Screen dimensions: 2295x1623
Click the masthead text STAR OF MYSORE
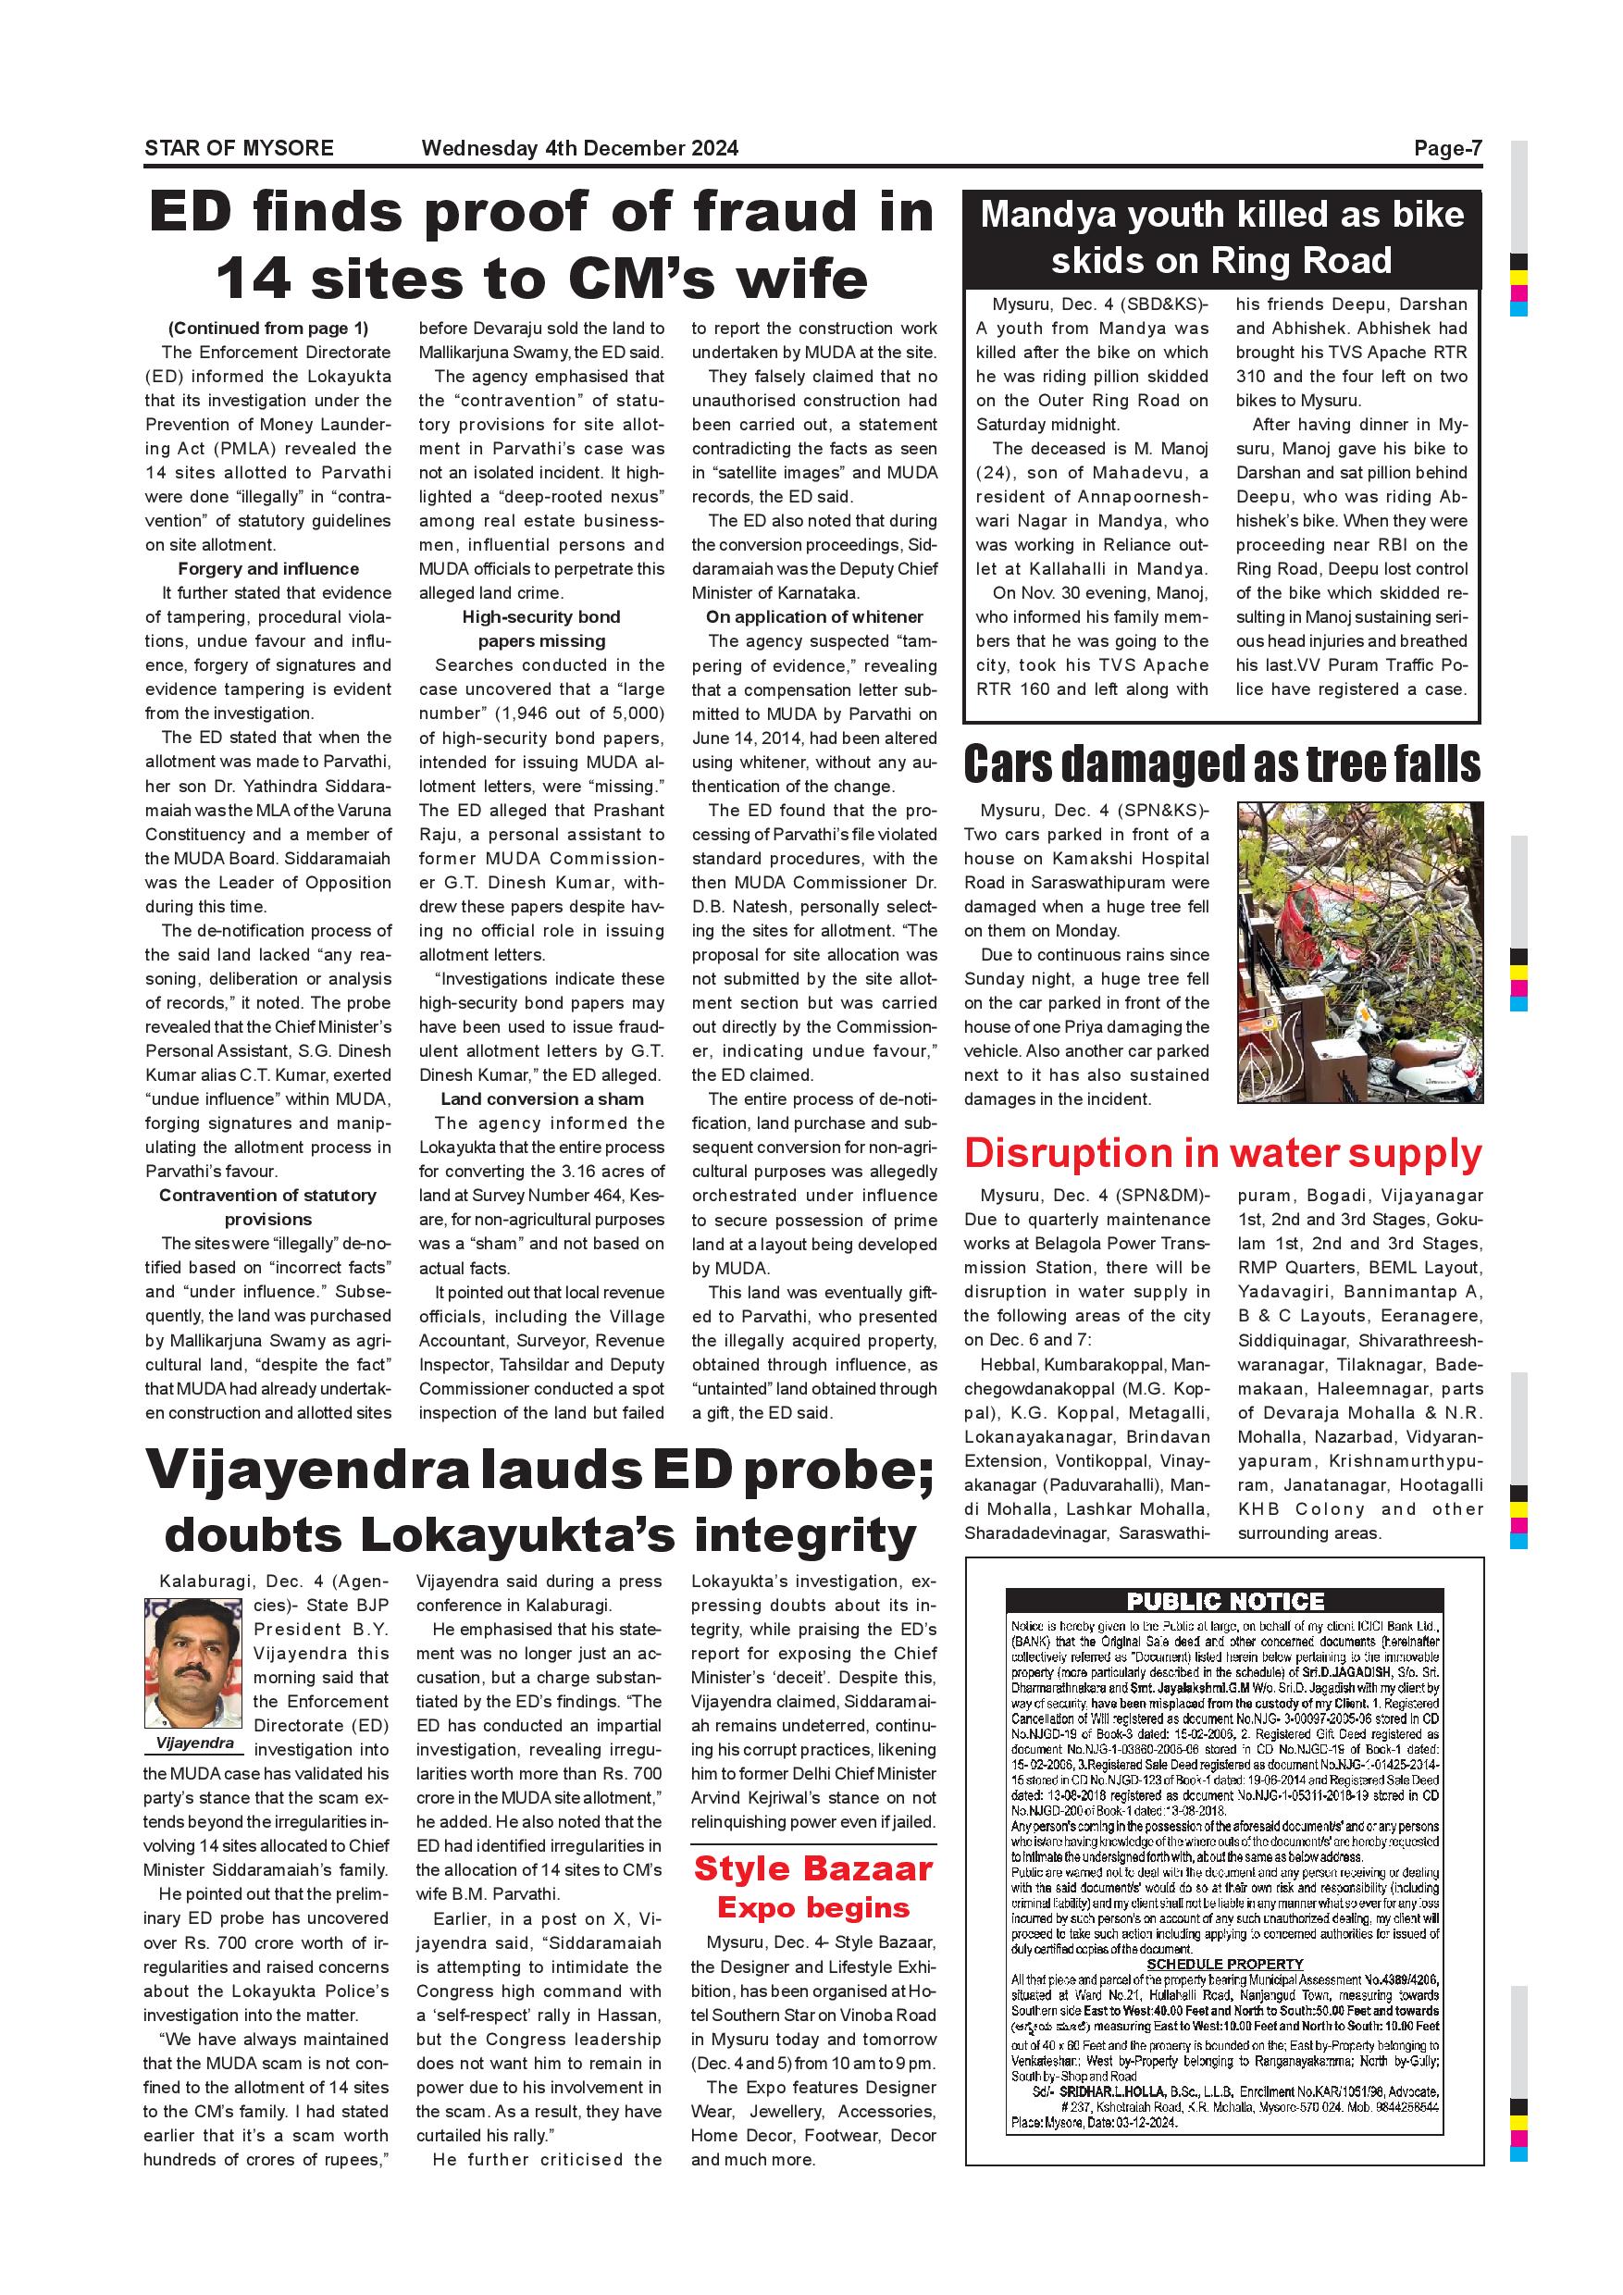point(239,148)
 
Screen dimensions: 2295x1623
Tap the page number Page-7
point(1447,148)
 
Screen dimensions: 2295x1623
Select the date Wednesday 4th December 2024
point(579,148)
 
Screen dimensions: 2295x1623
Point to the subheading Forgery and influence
point(267,569)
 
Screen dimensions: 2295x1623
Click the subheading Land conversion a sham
point(541,1098)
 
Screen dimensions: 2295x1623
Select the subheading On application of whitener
point(813,616)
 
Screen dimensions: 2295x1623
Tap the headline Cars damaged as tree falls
point(1221,764)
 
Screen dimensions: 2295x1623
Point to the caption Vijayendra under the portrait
point(195,1743)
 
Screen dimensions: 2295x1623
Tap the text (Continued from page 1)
point(267,328)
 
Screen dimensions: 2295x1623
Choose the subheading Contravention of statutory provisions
point(267,1207)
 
